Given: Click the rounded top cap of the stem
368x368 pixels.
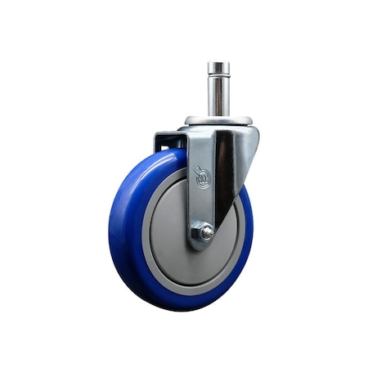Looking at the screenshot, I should [x=218, y=66].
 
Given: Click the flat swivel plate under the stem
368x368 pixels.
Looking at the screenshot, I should [x=218, y=121].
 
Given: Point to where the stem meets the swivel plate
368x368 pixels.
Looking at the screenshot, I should [x=218, y=115].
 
